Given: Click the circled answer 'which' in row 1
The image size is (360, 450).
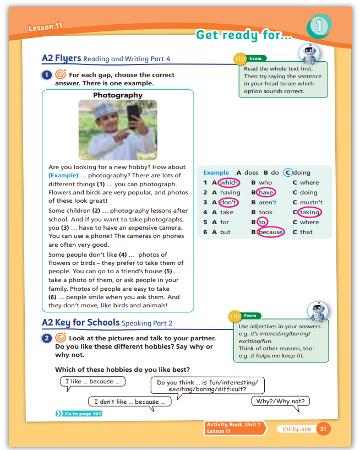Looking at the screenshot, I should coord(228,182).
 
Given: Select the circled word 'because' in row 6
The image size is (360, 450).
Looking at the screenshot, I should coord(271,232).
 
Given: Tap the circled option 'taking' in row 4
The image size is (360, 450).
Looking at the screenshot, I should coord(309,212).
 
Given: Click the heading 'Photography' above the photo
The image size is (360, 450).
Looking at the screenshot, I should coord(118,95).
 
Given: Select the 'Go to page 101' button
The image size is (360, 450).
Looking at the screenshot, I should coord(79,414).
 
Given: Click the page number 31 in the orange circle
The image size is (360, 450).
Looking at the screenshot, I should coord(324,429).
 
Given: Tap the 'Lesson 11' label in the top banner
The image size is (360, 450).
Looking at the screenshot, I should coord(45,27).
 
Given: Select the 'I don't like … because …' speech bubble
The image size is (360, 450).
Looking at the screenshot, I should coord(129,402).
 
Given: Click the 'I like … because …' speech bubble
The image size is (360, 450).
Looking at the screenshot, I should coord(92,381).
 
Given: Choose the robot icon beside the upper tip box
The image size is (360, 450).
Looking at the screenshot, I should coord(308,53).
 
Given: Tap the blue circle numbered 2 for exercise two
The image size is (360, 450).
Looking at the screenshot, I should coord(47,338).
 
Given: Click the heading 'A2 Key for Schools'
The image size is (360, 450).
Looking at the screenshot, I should coord(80,322).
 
